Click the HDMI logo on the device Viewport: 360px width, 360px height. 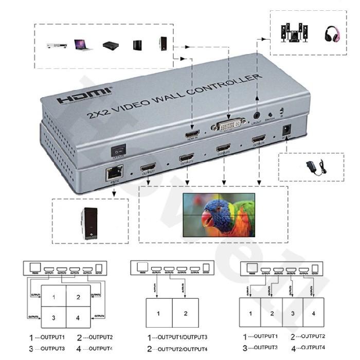(x=77, y=98)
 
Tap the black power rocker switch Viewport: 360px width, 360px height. (x=120, y=150)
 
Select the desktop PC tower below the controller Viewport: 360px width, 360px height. (x=88, y=223)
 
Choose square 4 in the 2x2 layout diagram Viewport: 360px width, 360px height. (x=78, y=318)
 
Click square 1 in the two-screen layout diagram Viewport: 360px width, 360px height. (x=159, y=313)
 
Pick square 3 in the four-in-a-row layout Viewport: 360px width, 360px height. (x=293, y=313)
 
